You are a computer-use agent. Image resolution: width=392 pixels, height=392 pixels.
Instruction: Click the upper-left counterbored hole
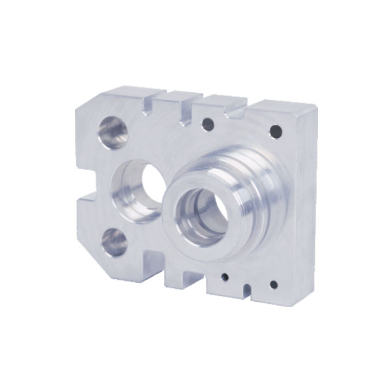112,131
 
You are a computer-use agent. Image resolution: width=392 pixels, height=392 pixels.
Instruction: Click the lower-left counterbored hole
114,242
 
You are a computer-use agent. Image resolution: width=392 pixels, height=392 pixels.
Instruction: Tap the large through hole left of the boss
140,189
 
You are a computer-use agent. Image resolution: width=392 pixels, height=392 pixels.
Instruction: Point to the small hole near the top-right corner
276,131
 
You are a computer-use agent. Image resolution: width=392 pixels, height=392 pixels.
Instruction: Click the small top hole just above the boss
208,123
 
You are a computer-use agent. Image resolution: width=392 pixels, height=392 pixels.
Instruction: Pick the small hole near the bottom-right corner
273,284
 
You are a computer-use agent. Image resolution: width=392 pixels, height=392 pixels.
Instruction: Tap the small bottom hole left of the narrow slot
224,277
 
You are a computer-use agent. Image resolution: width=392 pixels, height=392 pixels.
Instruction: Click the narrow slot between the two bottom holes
246,287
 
